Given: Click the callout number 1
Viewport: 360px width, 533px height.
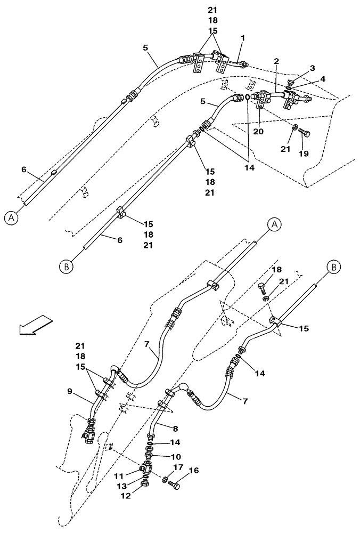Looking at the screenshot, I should pos(242,38).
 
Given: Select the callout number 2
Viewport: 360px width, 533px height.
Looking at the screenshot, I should pos(276,62).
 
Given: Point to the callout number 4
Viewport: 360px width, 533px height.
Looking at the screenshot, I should pos(323,79).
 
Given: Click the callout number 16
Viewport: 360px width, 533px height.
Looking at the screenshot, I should pos(193,471).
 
